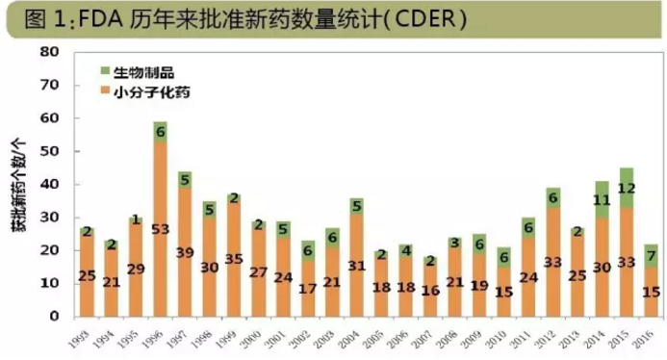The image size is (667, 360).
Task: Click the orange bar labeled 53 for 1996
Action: (160, 228)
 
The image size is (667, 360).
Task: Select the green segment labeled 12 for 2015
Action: (627, 188)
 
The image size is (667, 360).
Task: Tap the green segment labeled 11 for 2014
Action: (602, 200)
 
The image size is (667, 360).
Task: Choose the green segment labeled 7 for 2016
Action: (651, 255)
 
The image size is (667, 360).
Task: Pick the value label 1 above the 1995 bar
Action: (136, 219)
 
